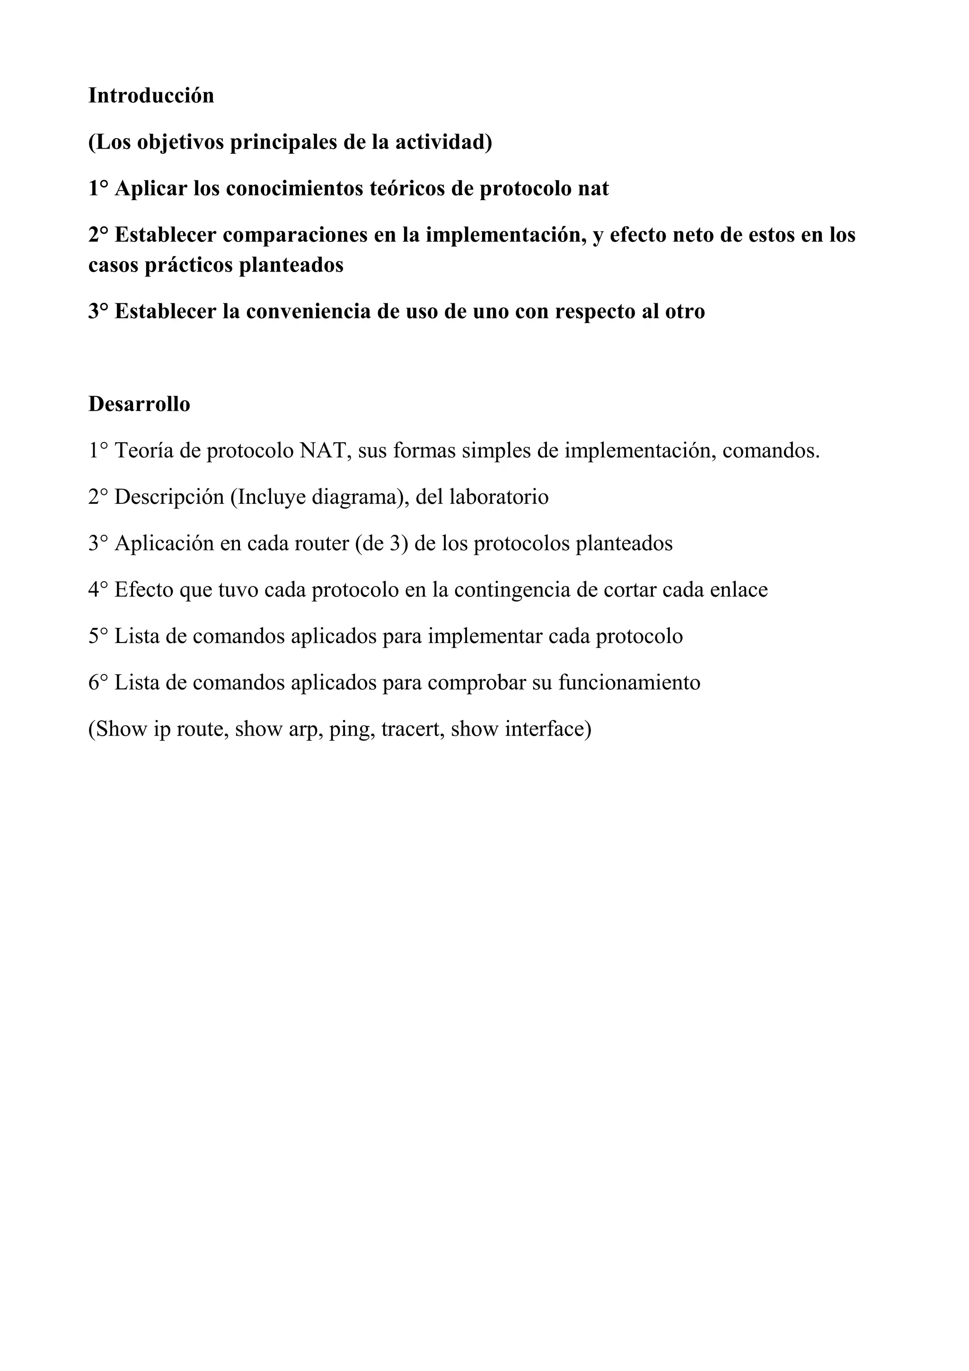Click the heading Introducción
151,96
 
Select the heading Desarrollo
139,404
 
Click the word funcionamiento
629,683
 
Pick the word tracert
412,729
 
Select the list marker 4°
98,590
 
